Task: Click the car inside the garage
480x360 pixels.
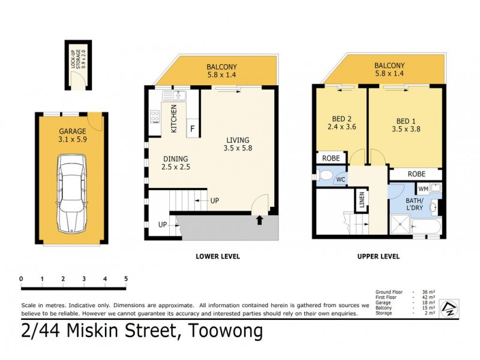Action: pos(72,194)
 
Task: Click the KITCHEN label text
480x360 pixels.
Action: pos(174,118)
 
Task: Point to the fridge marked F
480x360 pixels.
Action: pos(193,128)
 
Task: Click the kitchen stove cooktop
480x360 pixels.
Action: pos(155,115)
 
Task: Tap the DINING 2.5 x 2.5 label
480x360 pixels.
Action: pos(176,163)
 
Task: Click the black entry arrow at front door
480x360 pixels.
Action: pos(260,220)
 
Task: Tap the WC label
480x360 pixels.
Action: pos(340,179)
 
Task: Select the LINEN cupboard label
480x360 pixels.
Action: pos(362,201)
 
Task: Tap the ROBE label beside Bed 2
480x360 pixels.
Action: pos(331,158)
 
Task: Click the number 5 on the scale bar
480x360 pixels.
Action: pos(126,278)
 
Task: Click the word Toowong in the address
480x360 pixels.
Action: pos(226,331)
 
